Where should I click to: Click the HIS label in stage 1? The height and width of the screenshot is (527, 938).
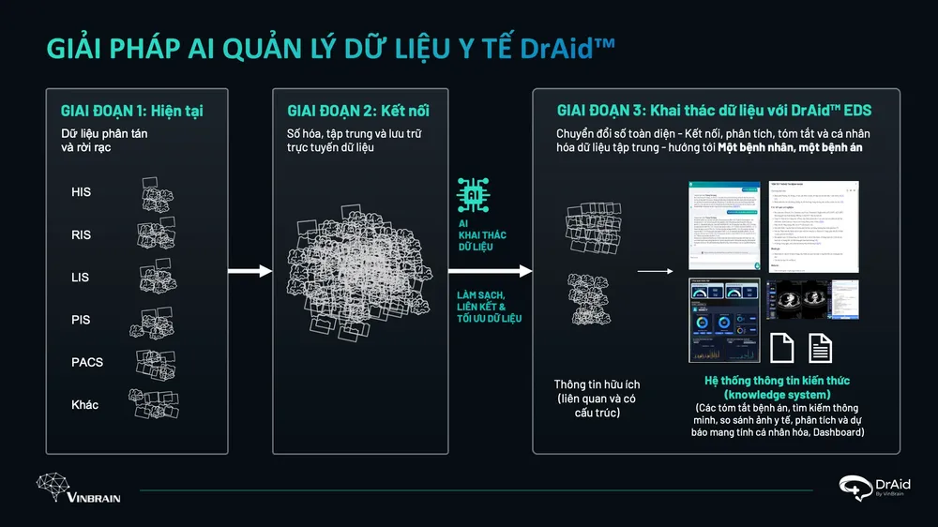click(x=82, y=192)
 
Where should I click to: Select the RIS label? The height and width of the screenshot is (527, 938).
click(x=82, y=234)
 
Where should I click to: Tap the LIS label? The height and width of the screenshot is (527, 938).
click(x=82, y=277)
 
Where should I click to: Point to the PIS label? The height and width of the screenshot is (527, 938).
click(x=82, y=320)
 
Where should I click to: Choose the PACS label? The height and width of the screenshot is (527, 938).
click(x=87, y=362)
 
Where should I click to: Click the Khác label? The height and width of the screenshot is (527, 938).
click(x=85, y=404)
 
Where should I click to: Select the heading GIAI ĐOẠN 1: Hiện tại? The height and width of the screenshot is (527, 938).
click(x=132, y=112)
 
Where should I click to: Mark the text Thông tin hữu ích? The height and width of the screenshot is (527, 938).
click(x=597, y=384)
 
